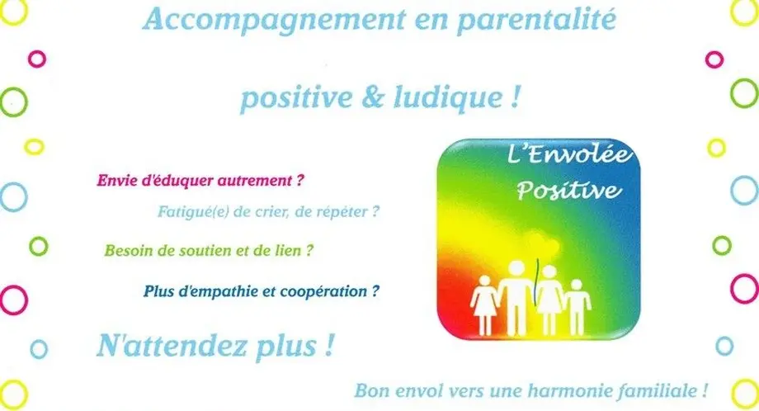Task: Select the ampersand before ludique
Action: pyautogui.click(x=372, y=97)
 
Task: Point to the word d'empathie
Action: pyautogui.click(x=211, y=292)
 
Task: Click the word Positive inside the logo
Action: pyautogui.click(x=568, y=191)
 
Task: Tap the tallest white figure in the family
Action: pyautogui.click(x=516, y=297)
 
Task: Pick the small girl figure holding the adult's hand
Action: pyautogui.click(x=484, y=305)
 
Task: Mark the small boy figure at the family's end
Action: pyautogui.click(x=577, y=307)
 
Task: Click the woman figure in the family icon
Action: pyautogui.click(x=549, y=300)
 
